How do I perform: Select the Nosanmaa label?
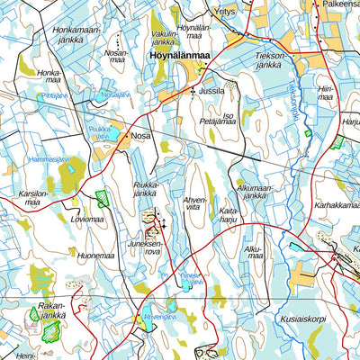(116, 58)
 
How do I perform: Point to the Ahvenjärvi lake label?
(157, 317)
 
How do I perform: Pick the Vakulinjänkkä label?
(165, 37)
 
